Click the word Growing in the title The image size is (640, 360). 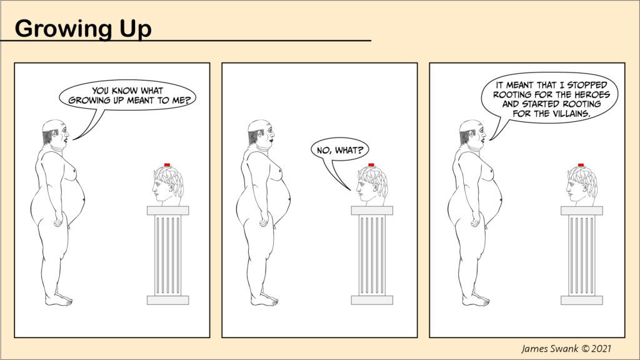tap(63, 29)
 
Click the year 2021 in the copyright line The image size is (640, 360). tap(601, 348)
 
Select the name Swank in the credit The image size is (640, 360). tap(563, 348)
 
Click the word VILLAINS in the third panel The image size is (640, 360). tap(571, 114)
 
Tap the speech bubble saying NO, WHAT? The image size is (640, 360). tap(339, 151)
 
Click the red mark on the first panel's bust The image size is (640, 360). tap(167, 165)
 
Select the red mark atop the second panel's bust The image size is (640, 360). tap(371, 165)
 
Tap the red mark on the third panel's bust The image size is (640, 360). tap(581, 165)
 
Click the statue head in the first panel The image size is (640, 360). tap(167, 186)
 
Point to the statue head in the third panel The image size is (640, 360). tap(582, 186)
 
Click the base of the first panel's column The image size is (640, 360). tap(167, 300)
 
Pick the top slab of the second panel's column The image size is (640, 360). tap(372, 211)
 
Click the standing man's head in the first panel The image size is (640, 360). tap(56, 132)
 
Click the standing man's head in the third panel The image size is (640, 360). tap(473, 132)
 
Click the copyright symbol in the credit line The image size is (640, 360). tap(584, 349)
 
